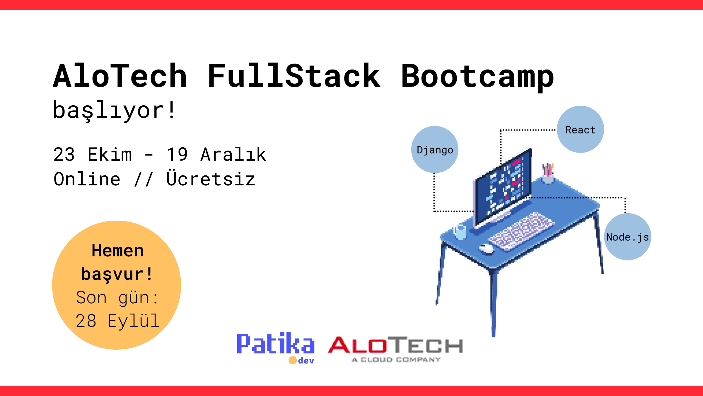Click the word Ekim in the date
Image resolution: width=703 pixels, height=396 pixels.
pos(110,155)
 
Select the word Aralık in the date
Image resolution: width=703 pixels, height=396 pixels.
pos(233,155)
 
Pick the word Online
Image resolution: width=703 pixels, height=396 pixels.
pos(87,179)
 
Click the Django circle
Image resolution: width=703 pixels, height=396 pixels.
pos(435,150)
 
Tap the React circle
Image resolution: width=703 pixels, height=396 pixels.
pos(580,129)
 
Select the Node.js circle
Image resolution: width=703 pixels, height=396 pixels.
pos(627,237)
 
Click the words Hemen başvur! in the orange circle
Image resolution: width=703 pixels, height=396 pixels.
pos(117,262)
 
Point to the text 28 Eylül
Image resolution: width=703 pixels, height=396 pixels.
pos(117,321)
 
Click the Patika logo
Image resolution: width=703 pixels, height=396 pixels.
pos(276,344)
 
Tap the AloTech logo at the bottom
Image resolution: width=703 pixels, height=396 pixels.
pos(395,348)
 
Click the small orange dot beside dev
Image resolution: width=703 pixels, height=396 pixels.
pos(293,360)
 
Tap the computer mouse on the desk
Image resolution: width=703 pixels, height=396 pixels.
pos(487,249)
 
